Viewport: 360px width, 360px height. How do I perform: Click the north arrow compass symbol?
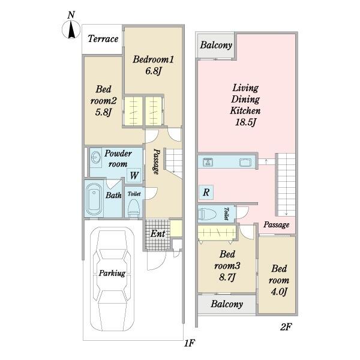tap(71, 29)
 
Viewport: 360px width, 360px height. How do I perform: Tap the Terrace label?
tap(103, 39)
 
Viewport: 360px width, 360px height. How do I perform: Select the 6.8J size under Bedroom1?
tap(154, 71)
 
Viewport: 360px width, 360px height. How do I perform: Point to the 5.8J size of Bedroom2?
tap(103, 112)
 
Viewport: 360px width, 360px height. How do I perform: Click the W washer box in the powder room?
tap(134, 175)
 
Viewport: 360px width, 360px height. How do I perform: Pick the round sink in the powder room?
tap(96, 157)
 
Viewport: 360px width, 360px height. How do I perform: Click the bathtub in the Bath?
tap(94, 199)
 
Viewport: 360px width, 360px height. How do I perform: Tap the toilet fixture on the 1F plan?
tap(133, 208)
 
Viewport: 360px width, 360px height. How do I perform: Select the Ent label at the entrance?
tap(158, 234)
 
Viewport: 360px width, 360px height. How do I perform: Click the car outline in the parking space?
tap(112, 279)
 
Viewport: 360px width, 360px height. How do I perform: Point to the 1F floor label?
tap(189, 343)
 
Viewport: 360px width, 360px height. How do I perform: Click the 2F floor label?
tap(286, 327)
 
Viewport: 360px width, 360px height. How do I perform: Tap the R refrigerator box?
tap(206, 192)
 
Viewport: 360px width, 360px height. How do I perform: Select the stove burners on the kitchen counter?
tap(208, 162)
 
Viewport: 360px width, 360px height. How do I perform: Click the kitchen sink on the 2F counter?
tap(245, 162)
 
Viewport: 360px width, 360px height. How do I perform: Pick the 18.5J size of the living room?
tap(245, 122)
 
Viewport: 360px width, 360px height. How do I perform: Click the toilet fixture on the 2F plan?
tap(207, 214)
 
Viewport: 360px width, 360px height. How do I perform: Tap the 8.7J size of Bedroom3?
tap(227, 277)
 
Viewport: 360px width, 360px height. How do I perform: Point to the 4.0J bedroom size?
tap(279, 292)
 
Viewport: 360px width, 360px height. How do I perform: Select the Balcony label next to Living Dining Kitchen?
tap(216, 45)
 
